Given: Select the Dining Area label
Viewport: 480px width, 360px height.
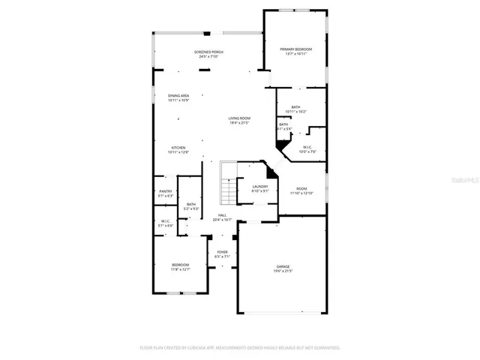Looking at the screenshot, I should tap(178, 96).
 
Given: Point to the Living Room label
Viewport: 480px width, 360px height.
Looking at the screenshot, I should tap(239, 118).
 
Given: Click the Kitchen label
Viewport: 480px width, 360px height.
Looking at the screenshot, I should tap(178, 148).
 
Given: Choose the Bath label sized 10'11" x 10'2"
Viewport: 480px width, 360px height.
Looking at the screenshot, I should tap(295, 108).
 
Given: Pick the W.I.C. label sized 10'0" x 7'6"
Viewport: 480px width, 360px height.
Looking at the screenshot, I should tap(307, 147).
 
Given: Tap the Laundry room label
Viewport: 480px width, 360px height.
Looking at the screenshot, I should tap(259, 187).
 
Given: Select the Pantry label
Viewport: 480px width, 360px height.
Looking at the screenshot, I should tap(165, 191).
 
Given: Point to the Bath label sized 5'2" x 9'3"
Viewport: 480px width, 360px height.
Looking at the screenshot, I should tap(191, 204).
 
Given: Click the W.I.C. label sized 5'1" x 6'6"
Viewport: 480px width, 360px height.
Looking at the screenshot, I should tap(165, 221).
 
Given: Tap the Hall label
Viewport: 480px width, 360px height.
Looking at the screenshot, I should tap(222, 215).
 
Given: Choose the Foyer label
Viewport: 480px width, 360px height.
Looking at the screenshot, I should tap(222, 252).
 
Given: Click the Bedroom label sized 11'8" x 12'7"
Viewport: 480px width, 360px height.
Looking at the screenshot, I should tap(180, 265).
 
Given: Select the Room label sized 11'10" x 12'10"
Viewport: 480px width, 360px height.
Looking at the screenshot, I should tap(301, 189).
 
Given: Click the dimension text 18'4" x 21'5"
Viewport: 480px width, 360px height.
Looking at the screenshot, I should tap(239, 123).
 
